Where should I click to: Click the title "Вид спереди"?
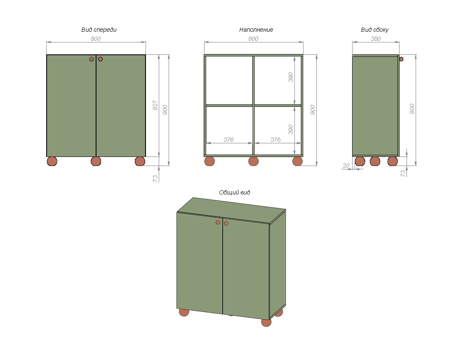(x=99, y=30)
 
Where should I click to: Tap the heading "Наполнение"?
(x=256, y=30)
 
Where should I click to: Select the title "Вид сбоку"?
(x=374, y=30)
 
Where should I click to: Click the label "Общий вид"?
(x=234, y=192)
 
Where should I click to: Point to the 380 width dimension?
(x=376, y=39)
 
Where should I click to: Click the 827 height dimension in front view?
(x=155, y=105)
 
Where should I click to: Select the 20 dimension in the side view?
(x=346, y=166)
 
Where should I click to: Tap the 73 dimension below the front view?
(x=155, y=178)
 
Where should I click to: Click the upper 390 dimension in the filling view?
(x=291, y=77)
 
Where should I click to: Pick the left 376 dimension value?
(x=228, y=140)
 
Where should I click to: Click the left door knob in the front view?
(x=92, y=59)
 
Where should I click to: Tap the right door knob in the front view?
(x=100, y=59)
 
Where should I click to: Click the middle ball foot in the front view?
(x=96, y=161)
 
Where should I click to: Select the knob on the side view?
(x=401, y=59)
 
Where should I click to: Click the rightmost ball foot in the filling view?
(x=298, y=161)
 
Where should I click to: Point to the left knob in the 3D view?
(x=218, y=222)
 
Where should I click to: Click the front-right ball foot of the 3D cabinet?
(x=266, y=323)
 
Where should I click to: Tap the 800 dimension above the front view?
(x=96, y=39)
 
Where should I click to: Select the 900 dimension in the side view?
(x=412, y=109)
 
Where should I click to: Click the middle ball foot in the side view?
(x=375, y=161)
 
